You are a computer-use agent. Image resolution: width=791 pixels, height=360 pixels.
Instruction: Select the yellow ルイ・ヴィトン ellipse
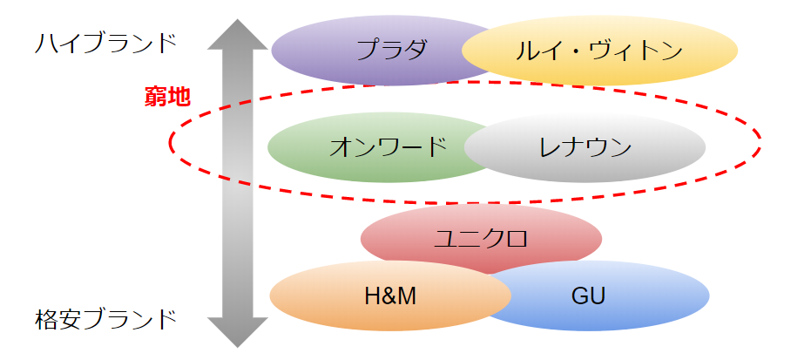click(x=599, y=51)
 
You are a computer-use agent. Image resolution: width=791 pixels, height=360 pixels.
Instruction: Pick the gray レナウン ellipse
click(x=585, y=146)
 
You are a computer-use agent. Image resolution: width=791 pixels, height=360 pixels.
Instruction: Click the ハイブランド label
click(x=105, y=42)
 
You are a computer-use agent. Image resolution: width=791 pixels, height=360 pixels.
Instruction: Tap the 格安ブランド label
click(x=105, y=318)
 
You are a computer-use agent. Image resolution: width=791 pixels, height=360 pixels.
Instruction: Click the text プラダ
click(x=392, y=49)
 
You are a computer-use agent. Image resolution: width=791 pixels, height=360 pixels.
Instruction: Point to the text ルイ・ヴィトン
click(x=599, y=51)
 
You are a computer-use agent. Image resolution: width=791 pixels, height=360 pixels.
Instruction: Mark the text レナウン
click(x=585, y=146)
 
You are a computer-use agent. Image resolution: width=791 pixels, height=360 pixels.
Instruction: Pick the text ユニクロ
click(x=481, y=236)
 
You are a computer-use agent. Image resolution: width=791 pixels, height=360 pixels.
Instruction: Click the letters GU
click(x=588, y=296)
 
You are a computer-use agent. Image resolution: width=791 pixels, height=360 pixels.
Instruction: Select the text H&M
click(x=389, y=296)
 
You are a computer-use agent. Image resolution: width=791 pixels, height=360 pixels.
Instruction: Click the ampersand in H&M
click(x=389, y=296)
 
